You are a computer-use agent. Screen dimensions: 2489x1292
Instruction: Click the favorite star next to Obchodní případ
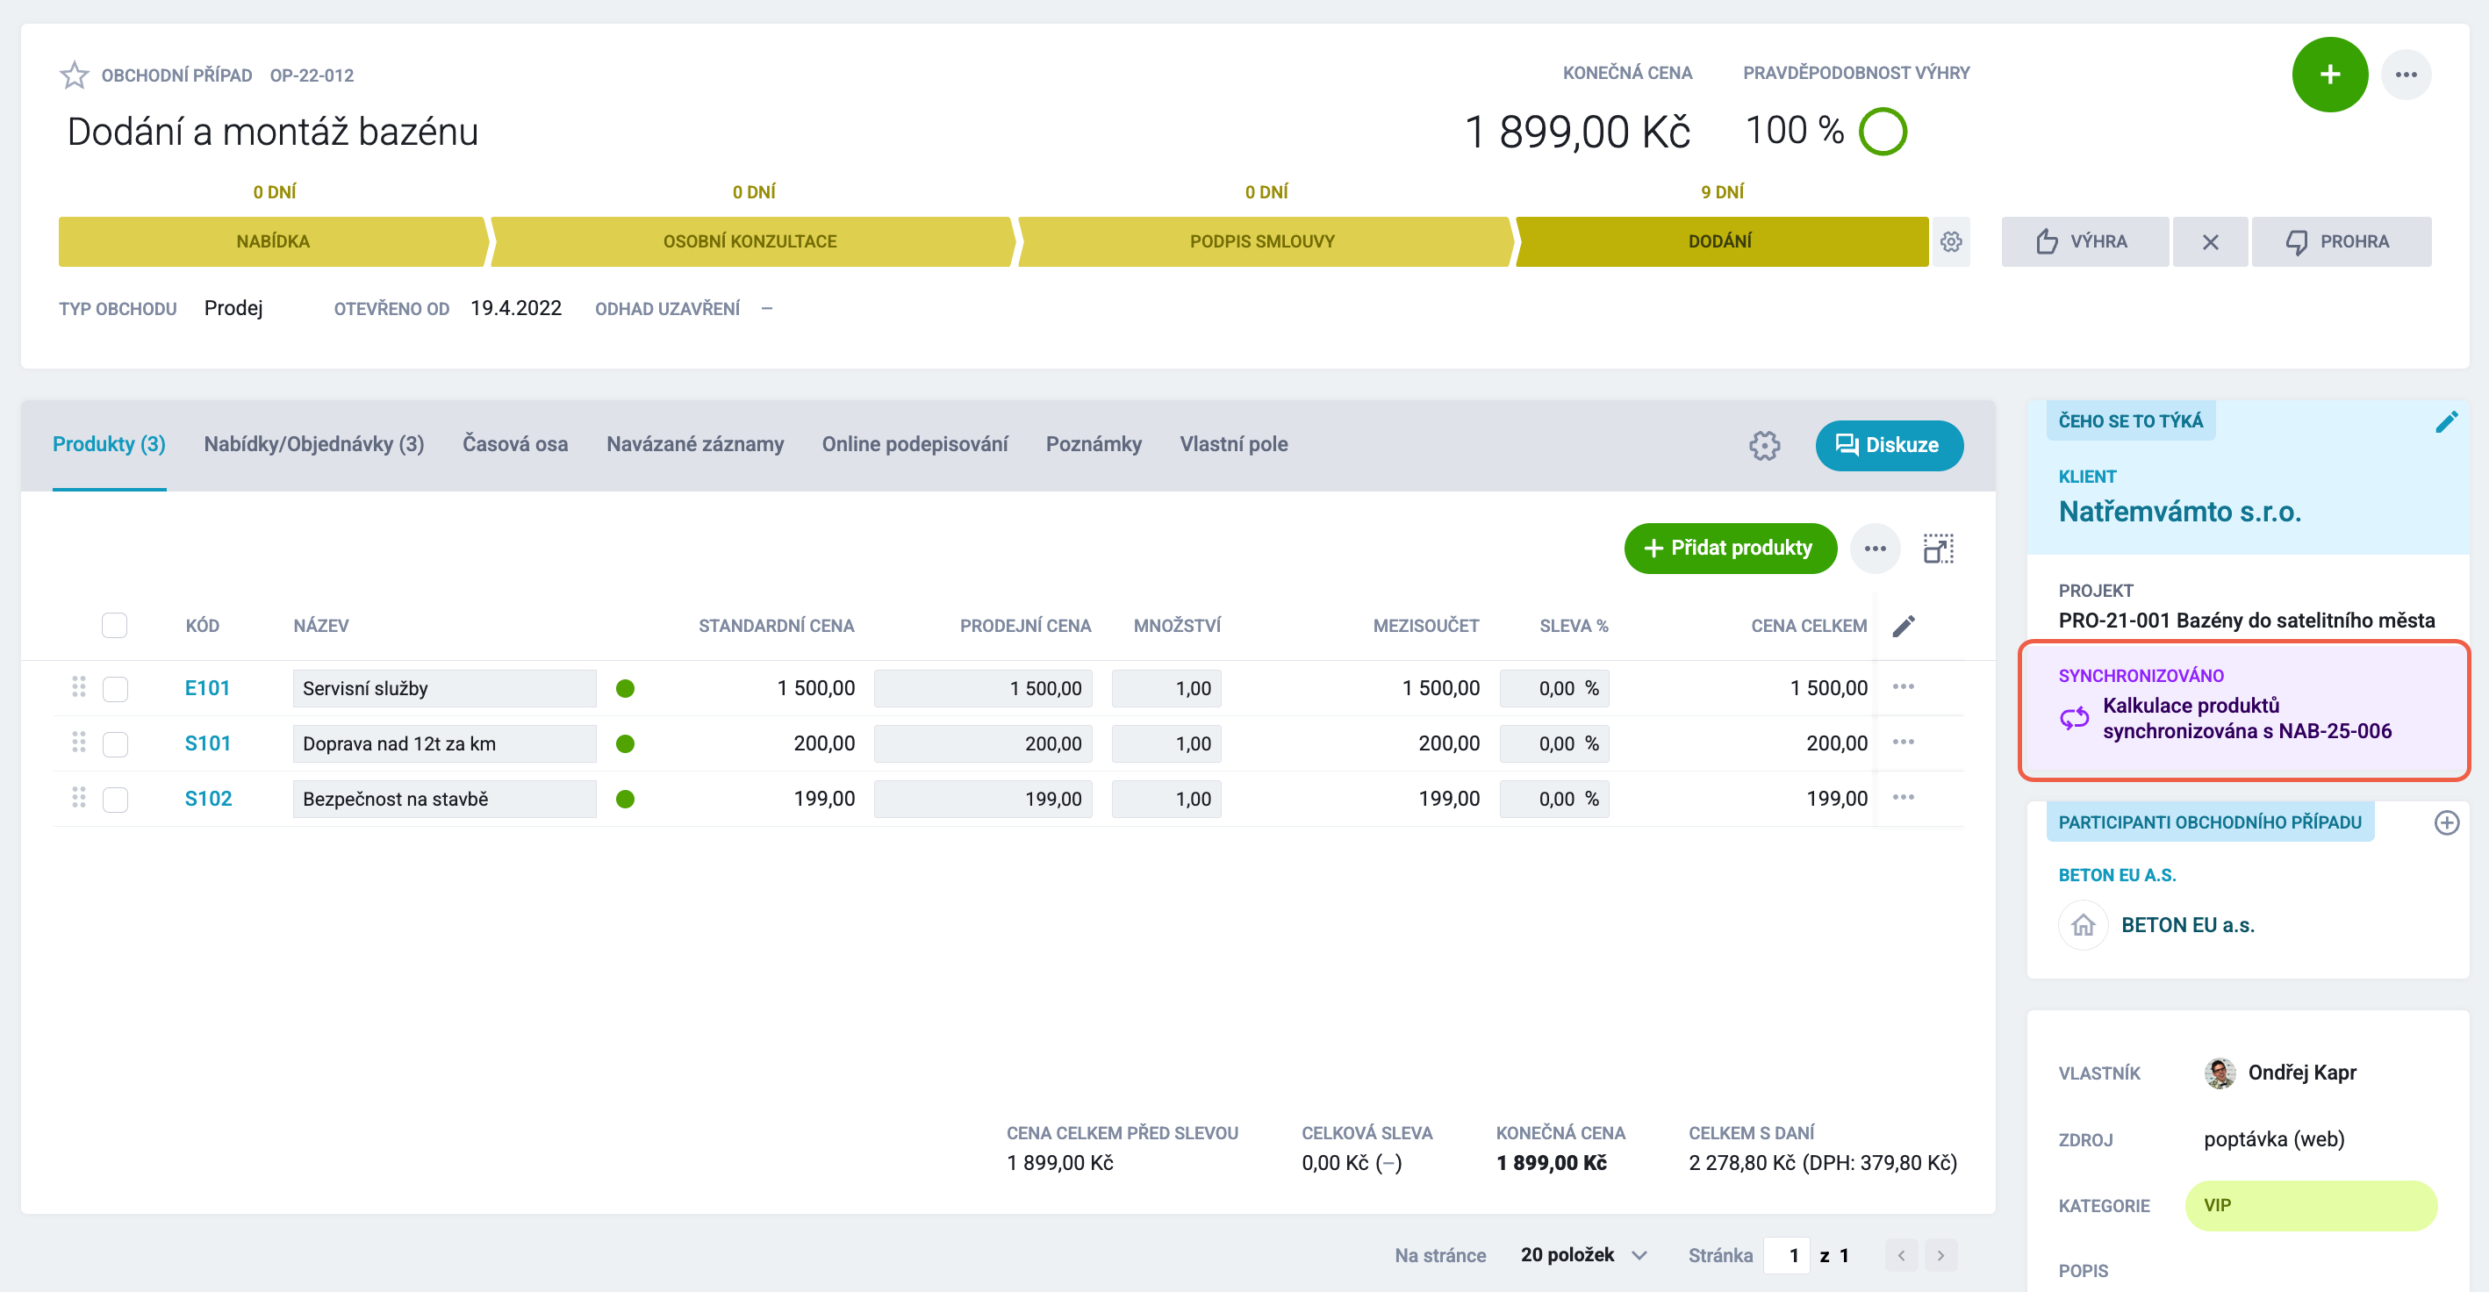point(75,75)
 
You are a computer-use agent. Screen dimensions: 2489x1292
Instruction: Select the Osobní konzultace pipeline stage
point(750,241)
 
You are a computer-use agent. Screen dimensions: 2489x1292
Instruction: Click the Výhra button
point(2084,241)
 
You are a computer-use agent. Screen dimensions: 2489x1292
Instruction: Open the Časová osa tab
point(515,444)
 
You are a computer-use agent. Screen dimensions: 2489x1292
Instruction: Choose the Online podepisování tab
point(914,444)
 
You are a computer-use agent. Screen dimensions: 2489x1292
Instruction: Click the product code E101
point(207,688)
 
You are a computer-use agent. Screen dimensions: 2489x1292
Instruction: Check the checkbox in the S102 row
point(115,800)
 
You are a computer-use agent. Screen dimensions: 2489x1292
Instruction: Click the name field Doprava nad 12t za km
point(444,744)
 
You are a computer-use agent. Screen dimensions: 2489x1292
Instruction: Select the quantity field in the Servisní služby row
point(1166,688)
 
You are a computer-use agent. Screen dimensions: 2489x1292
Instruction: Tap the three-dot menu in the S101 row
point(1904,743)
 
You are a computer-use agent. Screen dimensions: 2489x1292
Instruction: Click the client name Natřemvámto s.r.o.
point(2180,511)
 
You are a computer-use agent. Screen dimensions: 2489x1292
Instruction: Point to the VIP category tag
point(2310,1206)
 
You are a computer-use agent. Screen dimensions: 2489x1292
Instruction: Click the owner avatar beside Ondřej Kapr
point(2220,1073)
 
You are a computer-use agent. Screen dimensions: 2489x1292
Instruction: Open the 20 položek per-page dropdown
point(1583,1255)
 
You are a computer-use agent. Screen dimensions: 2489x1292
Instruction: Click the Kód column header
point(202,626)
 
